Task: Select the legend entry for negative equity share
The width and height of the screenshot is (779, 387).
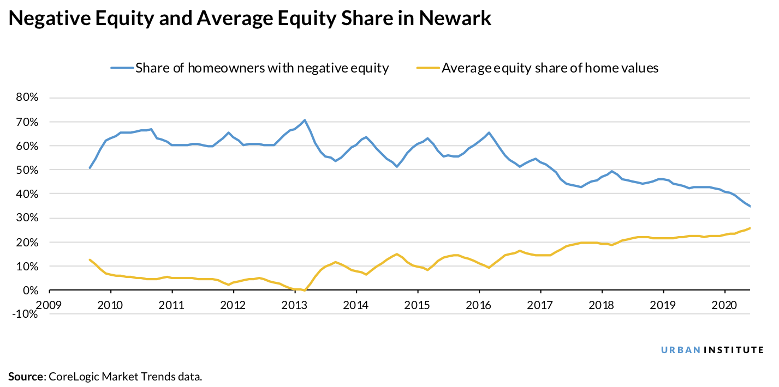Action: [250, 68]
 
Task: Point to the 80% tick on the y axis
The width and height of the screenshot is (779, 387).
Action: [26, 98]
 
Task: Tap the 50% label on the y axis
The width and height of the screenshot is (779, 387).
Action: [26, 170]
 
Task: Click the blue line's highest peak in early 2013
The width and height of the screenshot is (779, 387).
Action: [305, 120]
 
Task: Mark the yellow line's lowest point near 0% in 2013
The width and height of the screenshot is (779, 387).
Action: [305, 290]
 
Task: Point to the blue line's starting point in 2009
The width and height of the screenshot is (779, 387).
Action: [90, 168]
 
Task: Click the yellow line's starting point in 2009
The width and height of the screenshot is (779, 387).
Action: [90, 259]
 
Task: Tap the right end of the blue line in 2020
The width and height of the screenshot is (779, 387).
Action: [750, 206]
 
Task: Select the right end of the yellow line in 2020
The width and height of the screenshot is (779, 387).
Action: [750, 228]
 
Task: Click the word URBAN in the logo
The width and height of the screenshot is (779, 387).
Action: [680, 350]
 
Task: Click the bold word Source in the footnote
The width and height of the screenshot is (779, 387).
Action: [26, 376]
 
